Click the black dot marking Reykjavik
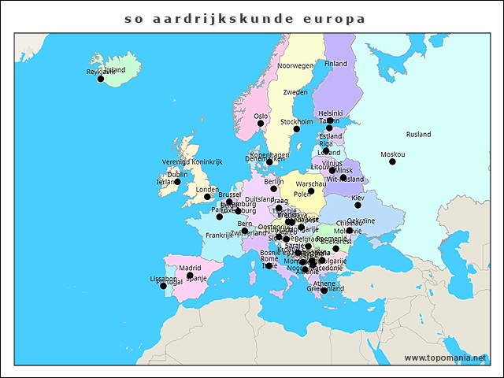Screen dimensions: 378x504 (x=100, y=79)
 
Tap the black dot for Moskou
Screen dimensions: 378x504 (x=392, y=161)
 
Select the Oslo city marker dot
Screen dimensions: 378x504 (x=261, y=123)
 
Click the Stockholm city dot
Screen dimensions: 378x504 (x=297, y=129)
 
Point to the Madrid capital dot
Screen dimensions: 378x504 (x=190, y=276)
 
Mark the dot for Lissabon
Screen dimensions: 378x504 (x=164, y=286)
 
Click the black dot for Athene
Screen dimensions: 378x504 (x=324, y=291)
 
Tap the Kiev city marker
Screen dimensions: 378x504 (x=358, y=205)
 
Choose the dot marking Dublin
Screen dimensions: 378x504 (x=177, y=182)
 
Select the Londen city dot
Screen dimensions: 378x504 (x=207, y=197)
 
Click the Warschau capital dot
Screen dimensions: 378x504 (x=311, y=191)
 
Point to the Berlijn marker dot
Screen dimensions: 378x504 (x=274, y=189)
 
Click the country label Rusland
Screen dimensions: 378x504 (x=419, y=135)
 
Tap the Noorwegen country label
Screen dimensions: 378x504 (x=295, y=66)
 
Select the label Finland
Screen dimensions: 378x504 (x=335, y=64)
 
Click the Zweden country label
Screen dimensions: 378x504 (x=295, y=93)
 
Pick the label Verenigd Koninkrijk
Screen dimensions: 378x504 (x=193, y=161)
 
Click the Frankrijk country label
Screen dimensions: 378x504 (x=220, y=235)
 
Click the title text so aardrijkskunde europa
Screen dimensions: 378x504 (x=245, y=17)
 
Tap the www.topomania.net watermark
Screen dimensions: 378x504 (x=445, y=358)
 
